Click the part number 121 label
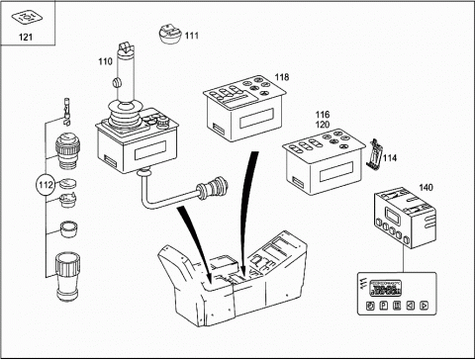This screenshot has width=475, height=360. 26,37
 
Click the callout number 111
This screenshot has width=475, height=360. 192,36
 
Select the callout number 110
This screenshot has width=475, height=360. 105,61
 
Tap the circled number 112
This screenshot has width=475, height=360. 46,185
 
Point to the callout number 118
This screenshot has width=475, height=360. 282,77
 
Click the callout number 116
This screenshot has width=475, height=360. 323,115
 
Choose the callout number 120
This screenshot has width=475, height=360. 323,125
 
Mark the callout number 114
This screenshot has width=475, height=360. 390,158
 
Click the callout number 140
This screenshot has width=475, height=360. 426,188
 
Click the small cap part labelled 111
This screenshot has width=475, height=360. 170,34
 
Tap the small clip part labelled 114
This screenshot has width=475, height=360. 375,154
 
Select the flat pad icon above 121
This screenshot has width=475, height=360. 27,17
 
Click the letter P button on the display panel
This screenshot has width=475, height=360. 383,306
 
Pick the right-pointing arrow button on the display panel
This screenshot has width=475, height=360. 424,306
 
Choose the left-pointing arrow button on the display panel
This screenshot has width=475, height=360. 410,306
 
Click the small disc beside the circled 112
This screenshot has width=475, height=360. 68,183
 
